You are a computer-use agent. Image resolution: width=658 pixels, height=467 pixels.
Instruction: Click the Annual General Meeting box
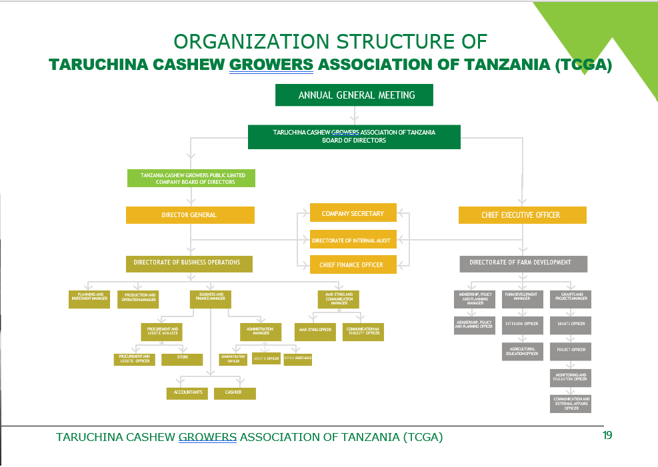(x=354, y=95)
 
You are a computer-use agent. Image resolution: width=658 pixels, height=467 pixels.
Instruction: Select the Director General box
(x=190, y=215)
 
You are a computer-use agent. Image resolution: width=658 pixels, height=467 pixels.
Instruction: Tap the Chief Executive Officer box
(x=522, y=215)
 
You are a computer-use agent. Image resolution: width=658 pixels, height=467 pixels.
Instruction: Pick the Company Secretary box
(x=353, y=213)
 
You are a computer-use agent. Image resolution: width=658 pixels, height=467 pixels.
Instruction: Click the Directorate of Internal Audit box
(x=353, y=239)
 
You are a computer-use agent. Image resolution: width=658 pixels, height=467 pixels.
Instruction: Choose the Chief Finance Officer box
(x=353, y=264)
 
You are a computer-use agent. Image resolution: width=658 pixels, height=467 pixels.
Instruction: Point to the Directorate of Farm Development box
(x=523, y=263)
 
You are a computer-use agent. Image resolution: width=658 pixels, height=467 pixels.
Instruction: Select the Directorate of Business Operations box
(x=189, y=263)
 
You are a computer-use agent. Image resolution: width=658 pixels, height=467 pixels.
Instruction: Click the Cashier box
(x=234, y=393)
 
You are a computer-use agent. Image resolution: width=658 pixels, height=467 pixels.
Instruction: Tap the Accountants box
(x=187, y=393)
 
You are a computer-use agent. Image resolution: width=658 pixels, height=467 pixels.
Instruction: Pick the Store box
(x=182, y=359)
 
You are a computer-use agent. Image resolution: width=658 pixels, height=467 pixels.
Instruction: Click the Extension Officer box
(x=522, y=324)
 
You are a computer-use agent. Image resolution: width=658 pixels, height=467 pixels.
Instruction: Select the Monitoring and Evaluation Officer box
(x=570, y=378)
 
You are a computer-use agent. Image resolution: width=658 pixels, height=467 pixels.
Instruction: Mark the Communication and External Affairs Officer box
(x=571, y=404)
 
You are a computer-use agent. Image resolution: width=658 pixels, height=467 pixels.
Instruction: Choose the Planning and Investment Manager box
(x=90, y=298)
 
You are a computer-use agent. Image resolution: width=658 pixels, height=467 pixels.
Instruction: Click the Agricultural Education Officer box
(x=522, y=352)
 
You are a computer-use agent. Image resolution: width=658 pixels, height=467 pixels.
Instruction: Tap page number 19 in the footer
(x=606, y=436)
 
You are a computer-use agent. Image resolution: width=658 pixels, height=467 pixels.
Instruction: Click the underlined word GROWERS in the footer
(x=207, y=437)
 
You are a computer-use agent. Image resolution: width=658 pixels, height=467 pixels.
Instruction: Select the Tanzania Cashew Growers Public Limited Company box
(x=191, y=178)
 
